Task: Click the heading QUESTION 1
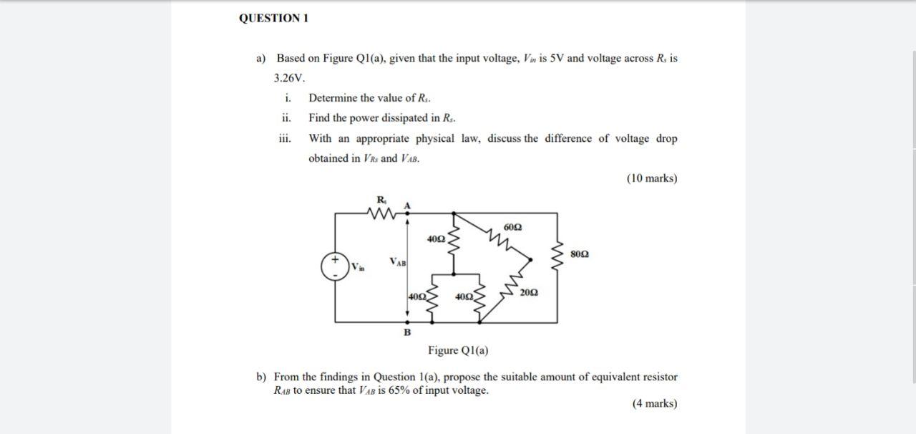[x=273, y=19]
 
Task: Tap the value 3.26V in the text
[x=289, y=77]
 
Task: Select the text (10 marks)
[x=651, y=178]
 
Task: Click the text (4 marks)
[x=654, y=404]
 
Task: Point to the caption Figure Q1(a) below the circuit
[x=458, y=350]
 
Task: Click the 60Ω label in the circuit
[x=512, y=227]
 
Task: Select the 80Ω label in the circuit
[x=580, y=254]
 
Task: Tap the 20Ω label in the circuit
[x=530, y=293]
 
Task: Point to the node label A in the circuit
[x=407, y=206]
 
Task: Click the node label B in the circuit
[x=407, y=332]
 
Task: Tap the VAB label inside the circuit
[x=398, y=262]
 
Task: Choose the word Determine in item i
[x=333, y=98]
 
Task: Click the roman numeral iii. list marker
[x=284, y=138]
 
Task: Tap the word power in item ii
[x=365, y=118]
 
